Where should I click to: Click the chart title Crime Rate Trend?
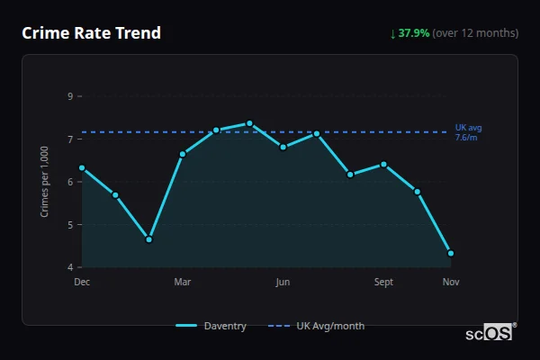(92, 33)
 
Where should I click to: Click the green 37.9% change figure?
(414, 33)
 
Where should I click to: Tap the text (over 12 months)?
(475, 33)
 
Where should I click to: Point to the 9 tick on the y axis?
(71, 96)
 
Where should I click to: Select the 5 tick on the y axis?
(71, 225)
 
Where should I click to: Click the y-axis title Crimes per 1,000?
(45, 181)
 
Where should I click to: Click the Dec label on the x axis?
(82, 283)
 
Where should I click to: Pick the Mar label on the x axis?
(183, 283)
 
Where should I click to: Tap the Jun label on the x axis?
(283, 283)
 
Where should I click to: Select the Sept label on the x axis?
(383, 283)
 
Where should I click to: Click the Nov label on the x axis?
(451, 283)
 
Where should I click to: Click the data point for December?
(82, 168)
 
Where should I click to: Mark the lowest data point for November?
(451, 254)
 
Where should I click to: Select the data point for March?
(183, 154)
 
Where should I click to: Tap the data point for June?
(283, 147)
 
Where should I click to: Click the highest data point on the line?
(249, 123)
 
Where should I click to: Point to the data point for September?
(383, 165)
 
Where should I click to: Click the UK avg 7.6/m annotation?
(468, 132)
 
